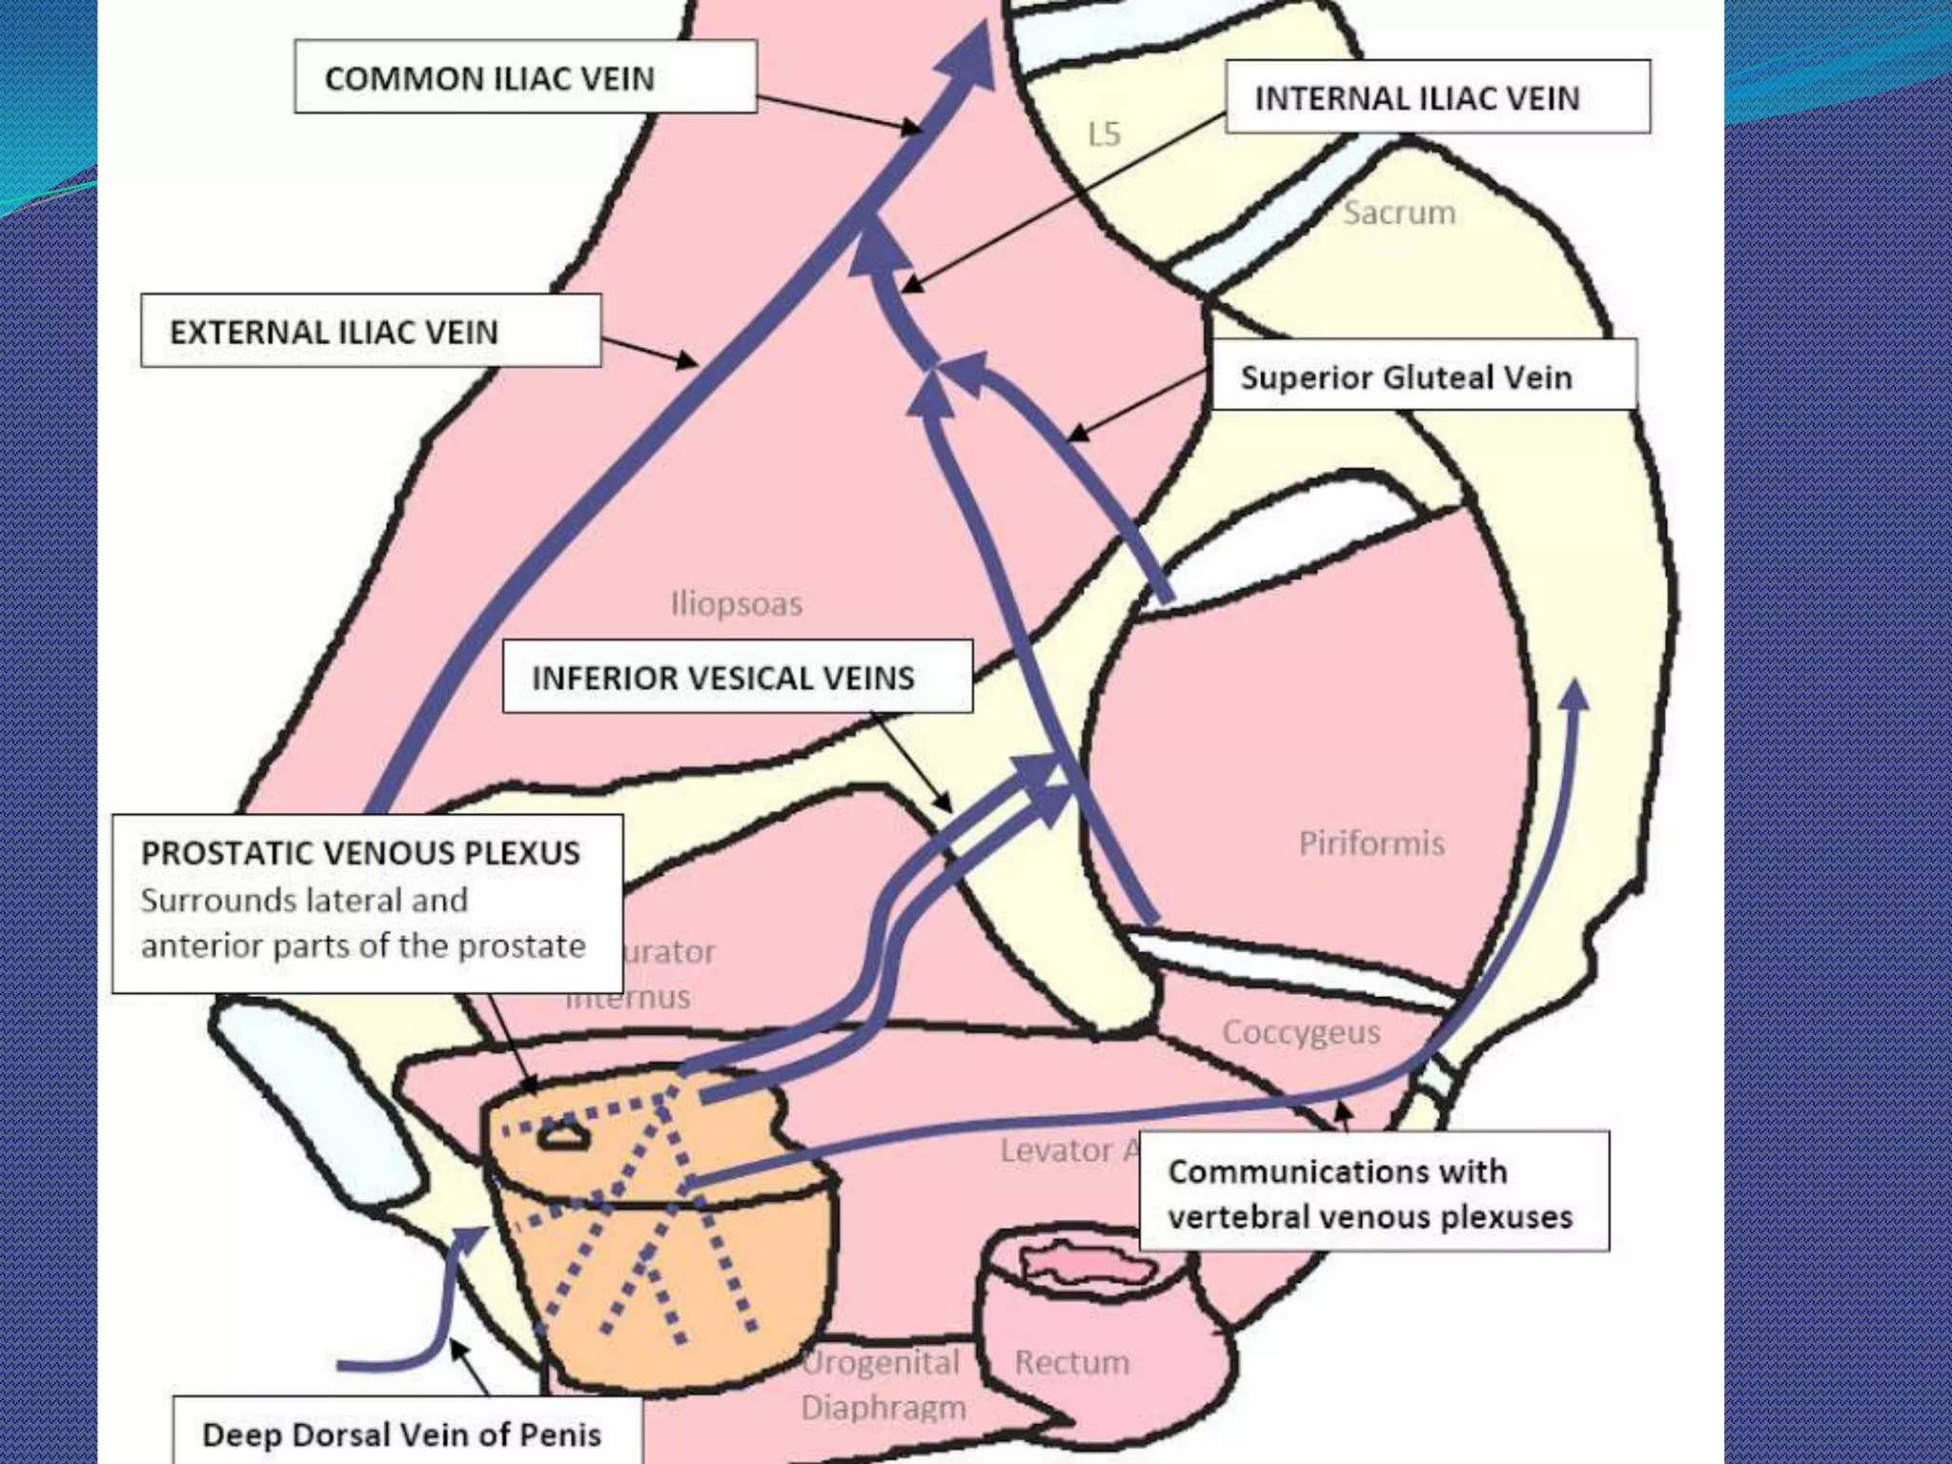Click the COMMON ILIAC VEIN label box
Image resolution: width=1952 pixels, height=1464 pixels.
(x=525, y=76)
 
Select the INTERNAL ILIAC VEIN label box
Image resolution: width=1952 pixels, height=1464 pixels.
(x=1437, y=97)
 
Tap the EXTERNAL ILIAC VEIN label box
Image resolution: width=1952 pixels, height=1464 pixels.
(x=371, y=331)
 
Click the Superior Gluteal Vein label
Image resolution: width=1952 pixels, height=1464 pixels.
(x=1423, y=376)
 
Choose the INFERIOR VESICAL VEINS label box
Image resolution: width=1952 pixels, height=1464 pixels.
(x=737, y=677)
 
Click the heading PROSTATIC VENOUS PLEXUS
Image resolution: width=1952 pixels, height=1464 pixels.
(x=360, y=852)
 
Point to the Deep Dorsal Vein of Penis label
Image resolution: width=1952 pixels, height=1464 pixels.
(x=402, y=1433)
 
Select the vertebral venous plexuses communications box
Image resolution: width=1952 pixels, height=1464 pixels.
(x=1373, y=1192)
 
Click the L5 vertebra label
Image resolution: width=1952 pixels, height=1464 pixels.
(x=1104, y=134)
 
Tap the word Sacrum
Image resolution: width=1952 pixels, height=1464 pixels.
(x=1399, y=213)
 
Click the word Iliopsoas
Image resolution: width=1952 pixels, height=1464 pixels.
(x=736, y=603)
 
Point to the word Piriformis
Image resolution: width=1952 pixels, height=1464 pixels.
(x=1371, y=843)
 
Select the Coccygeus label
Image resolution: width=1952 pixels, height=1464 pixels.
(x=1300, y=1032)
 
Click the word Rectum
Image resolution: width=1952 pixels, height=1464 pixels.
(x=1071, y=1362)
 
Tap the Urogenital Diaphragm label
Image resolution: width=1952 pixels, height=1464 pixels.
(x=882, y=1384)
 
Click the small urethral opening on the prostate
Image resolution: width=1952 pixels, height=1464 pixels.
(x=563, y=1135)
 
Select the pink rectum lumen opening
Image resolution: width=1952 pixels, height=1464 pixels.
(x=1087, y=1264)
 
